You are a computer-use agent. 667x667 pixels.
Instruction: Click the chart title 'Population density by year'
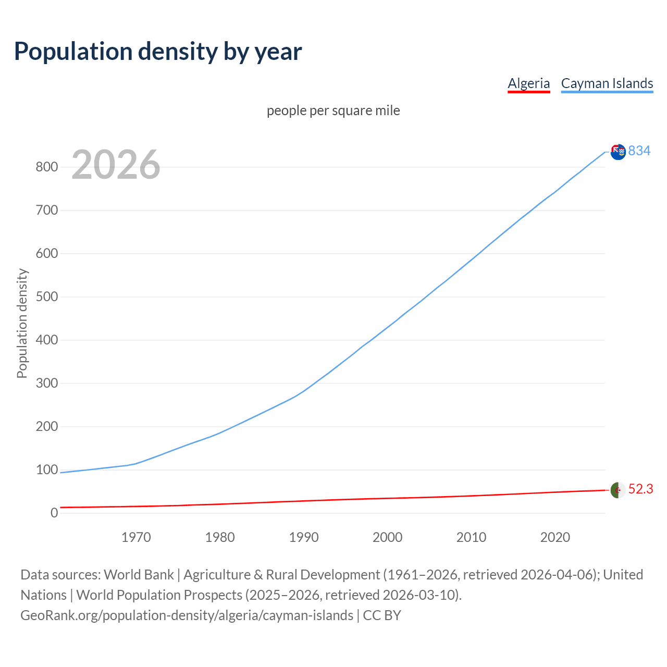tap(158, 52)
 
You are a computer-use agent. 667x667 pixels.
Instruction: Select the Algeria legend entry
tap(528, 83)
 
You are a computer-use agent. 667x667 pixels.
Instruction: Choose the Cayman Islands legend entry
tap(607, 83)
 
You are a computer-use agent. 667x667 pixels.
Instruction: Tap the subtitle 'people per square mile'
tap(333, 110)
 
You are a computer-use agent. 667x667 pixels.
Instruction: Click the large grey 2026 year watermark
tap(116, 165)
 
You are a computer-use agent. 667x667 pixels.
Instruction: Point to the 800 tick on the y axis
tap(46, 167)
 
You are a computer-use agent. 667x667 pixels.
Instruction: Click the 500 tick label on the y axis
tap(46, 297)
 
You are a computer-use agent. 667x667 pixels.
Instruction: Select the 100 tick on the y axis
tap(46, 470)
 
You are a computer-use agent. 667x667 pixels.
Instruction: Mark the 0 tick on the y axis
tap(54, 513)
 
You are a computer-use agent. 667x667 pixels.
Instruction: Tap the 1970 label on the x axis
tap(136, 537)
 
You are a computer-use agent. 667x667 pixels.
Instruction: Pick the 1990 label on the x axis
tap(304, 537)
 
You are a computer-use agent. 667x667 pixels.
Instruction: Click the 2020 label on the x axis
tap(555, 537)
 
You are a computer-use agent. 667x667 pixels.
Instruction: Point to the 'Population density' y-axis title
tap(22, 323)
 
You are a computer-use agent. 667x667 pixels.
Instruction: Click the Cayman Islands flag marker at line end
tap(618, 152)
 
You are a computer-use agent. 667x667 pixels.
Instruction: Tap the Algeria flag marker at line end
tap(618, 490)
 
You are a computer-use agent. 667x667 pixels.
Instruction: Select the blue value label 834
tap(639, 151)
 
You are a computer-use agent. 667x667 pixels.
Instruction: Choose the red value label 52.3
tap(640, 489)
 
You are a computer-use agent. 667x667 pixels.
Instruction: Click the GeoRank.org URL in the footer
tap(187, 615)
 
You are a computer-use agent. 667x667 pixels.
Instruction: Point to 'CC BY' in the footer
tap(382, 615)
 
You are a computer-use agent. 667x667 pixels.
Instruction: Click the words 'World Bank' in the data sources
tap(139, 575)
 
